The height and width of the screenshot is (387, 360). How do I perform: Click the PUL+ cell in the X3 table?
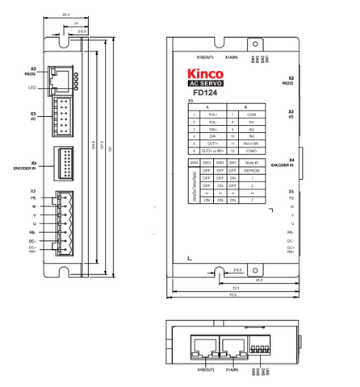(x=215, y=115)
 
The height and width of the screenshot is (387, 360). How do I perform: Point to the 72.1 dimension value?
(x=235, y=287)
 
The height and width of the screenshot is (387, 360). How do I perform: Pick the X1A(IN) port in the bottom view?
(x=235, y=347)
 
